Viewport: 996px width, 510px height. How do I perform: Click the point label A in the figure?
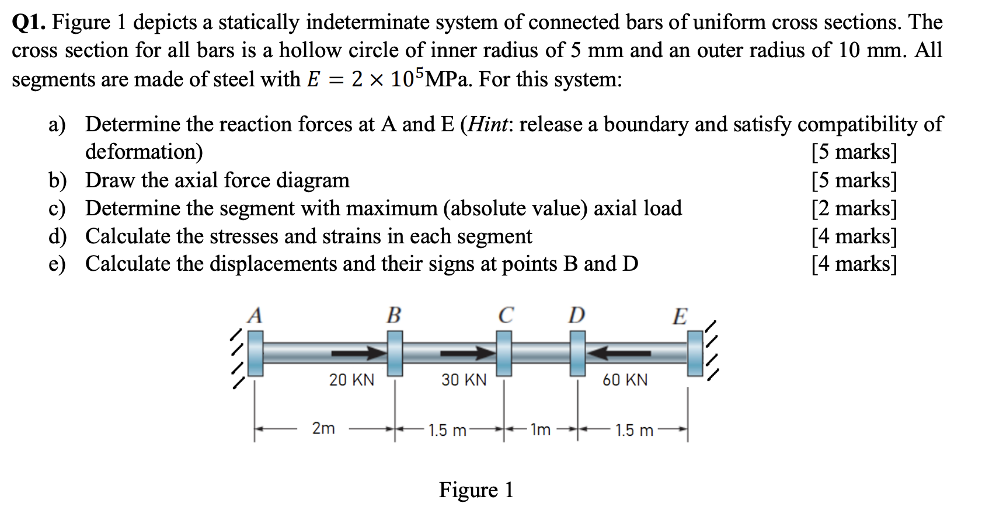coord(255,316)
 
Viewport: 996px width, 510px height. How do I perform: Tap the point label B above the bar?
coord(394,316)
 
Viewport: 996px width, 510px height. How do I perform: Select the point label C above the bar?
coord(506,316)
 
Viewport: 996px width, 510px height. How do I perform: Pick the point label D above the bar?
coord(576,316)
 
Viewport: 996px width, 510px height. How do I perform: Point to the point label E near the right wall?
coord(680,317)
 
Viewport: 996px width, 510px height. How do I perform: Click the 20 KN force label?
coord(351,380)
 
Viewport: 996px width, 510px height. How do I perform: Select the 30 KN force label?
coord(464,380)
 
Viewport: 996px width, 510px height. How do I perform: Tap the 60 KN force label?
coord(625,380)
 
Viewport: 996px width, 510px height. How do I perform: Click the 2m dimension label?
coord(323,428)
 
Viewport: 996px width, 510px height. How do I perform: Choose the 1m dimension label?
coord(540,430)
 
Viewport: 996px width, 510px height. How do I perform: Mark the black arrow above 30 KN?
coord(467,353)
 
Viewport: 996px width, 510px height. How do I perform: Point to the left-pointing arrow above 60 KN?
coord(619,353)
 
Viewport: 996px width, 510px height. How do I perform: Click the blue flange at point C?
coord(504,353)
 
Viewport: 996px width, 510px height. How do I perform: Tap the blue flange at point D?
coord(577,353)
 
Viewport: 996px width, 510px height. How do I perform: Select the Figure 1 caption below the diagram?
coord(476,490)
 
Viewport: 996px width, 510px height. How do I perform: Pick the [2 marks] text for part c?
coord(854,208)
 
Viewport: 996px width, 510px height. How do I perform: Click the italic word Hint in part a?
coord(489,124)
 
